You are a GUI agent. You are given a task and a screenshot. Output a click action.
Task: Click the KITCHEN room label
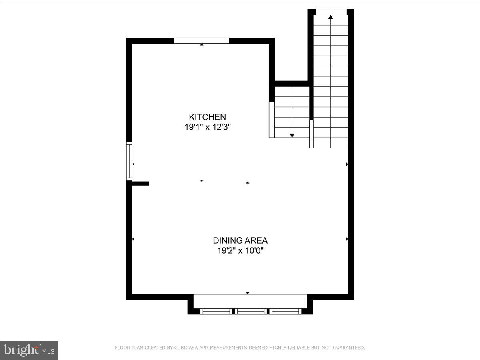[x=207, y=117]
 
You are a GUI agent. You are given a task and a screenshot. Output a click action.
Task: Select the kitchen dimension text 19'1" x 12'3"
[x=207, y=127]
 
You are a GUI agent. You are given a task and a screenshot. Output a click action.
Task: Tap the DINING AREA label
[x=240, y=240]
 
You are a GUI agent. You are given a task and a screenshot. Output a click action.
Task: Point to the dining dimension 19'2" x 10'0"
[x=240, y=251]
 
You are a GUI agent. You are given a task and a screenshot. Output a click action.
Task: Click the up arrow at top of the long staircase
[x=330, y=17]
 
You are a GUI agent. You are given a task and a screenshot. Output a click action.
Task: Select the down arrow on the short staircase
[x=292, y=136]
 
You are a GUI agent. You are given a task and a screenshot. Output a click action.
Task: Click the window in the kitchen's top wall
[x=202, y=40]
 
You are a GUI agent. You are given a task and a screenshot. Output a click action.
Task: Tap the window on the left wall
[x=129, y=161]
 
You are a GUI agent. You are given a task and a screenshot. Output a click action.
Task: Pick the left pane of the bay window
[x=216, y=311]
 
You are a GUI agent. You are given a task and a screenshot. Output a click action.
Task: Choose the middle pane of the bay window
[x=251, y=311]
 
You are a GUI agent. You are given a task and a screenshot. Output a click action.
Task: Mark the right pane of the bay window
[x=286, y=311]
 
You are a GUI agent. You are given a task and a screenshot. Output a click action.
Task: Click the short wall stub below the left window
[x=140, y=184]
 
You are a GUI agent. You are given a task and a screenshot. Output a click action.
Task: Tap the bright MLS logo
[x=29, y=350]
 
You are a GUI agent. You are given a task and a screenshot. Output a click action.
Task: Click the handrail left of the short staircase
[x=272, y=120]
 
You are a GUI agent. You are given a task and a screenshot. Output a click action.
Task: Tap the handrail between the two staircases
[x=311, y=134]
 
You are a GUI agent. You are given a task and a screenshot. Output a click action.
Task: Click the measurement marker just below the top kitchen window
[x=202, y=45]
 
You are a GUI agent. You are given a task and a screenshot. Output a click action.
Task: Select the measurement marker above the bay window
[x=247, y=293]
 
